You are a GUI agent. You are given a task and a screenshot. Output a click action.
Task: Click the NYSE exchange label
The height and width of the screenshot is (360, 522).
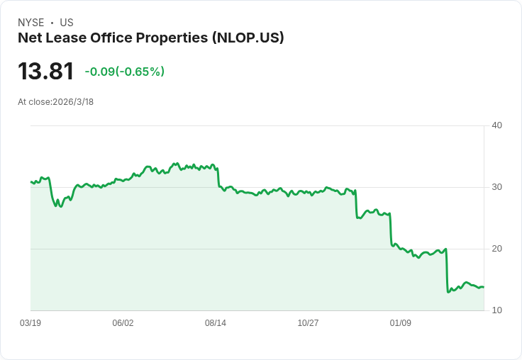coord(31,23)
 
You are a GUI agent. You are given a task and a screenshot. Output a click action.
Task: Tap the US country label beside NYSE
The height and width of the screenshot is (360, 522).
coord(67,23)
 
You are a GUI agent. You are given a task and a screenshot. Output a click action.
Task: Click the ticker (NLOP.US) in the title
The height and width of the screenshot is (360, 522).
coord(248,38)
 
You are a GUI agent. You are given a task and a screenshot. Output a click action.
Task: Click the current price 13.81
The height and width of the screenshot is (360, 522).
coord(46,72)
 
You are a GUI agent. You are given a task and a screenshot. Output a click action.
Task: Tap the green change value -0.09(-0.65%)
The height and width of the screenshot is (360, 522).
coord(124,72)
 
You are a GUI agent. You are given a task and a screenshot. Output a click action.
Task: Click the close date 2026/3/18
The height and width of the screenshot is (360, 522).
coord(73,102)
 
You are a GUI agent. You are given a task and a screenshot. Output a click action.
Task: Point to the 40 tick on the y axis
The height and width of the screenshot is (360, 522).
coord(496,126)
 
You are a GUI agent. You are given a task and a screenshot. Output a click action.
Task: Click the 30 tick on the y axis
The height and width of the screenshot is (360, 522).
coord(496,187)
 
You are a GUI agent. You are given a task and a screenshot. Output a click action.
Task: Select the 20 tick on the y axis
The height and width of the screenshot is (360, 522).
coord(496,249)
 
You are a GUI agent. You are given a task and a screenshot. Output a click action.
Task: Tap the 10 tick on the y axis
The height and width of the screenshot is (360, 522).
coord(496,310)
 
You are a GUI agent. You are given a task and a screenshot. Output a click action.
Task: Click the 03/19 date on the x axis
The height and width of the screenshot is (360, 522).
coord(30,323)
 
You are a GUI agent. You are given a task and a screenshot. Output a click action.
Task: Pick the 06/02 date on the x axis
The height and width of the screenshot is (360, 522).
coord(123,323)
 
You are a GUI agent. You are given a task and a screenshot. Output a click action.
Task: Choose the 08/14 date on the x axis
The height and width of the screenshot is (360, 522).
coord(216,323)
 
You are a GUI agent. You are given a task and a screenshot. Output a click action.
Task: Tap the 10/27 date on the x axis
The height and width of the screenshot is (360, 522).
coord(308,323)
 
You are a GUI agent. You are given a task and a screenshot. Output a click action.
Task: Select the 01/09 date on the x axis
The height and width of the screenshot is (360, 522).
coord(401,323)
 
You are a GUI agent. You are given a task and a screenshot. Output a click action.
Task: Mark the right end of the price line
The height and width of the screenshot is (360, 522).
coord(484,287)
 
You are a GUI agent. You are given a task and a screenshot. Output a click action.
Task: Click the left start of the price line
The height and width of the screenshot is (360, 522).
coord(30,182)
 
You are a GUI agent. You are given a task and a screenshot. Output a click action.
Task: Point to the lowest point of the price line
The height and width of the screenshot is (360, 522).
coord(448,292)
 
